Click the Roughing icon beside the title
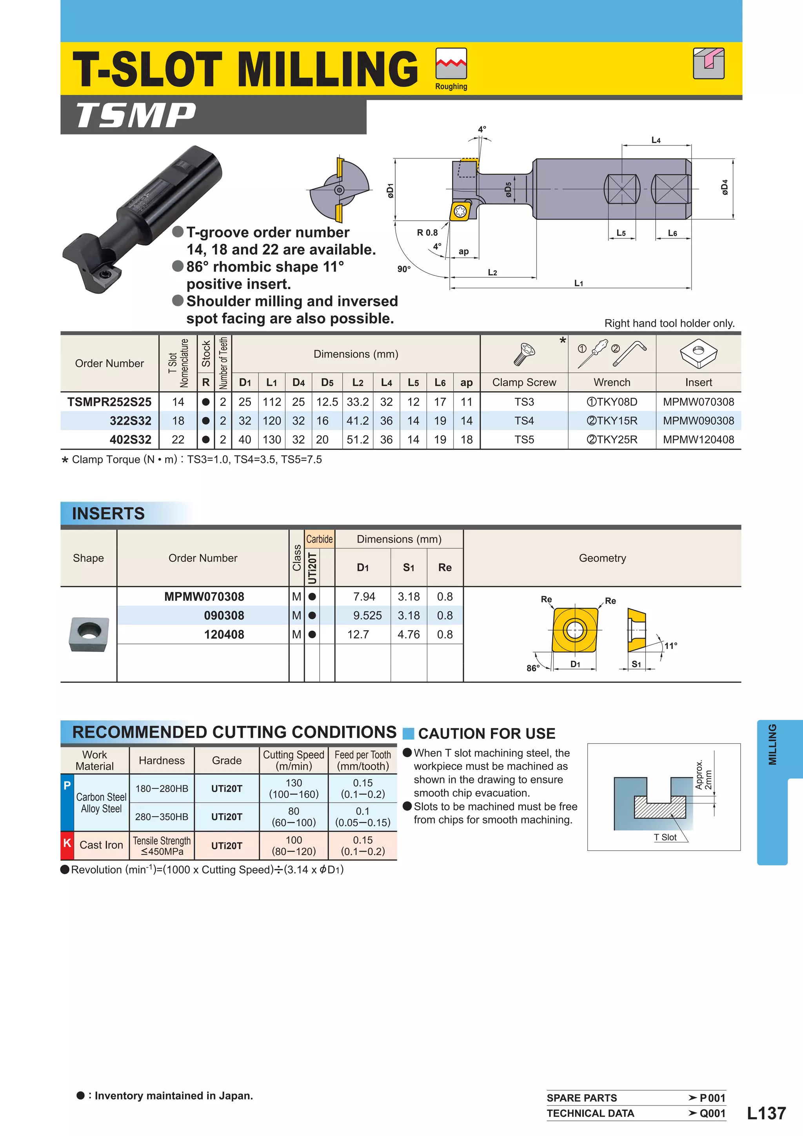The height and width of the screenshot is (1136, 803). click(x=451, y=64)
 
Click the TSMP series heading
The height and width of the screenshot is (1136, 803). click(x=136, y=116)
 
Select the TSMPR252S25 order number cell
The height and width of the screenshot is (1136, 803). click(x=109, y=402)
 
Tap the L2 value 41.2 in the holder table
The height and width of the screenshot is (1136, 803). click(x=357, y=420)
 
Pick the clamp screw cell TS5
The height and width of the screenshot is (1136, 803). click(x=524, y=439)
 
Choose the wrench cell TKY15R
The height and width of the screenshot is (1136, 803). click(x=612, y=420)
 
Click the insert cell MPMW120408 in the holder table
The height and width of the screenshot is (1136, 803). click(x=698, y=439)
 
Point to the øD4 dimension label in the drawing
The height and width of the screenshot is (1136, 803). click(x=724, y=187)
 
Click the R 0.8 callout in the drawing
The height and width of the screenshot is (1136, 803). click(x=427, y=233)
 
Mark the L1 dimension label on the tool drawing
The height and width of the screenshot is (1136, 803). click(x=578, y=284)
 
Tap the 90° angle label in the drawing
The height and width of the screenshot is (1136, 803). click(x=404, y=269)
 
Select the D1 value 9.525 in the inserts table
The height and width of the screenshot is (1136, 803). click(x=367, y=616)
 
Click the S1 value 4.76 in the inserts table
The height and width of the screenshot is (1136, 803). click(x=408, y=634)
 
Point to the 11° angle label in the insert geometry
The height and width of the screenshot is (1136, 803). click(x=670, y=646)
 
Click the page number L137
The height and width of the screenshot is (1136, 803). click(x=766, y=1113)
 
